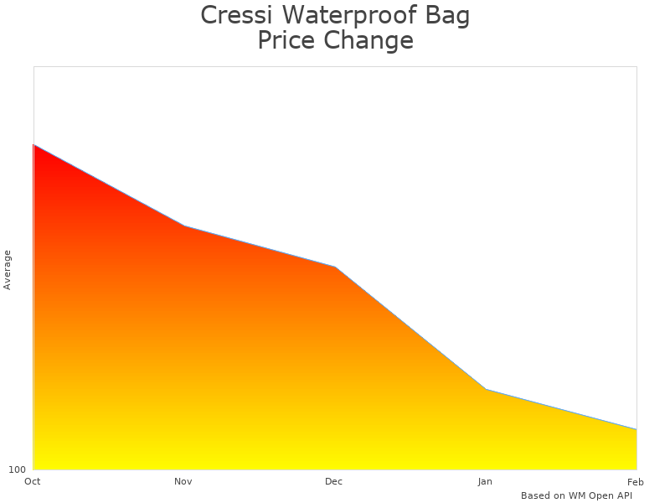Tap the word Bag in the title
click(x=447, y=16)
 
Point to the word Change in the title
click(x=370, y=41)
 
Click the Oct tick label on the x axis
click(x=33, y=481)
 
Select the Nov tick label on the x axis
click(x=183, y=481)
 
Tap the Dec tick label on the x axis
click(x=334, y=481)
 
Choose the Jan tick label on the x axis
click(x=485, y=481)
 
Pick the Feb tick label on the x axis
click(x=636, y=481)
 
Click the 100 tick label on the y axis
click(x=18, y=469)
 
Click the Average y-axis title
click(x=8, y=269)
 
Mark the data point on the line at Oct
click(x=33, y=145)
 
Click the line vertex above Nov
click(x=184, y=226)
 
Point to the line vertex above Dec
click(x=335, y=267)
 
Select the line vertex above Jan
click(x=486, y=389)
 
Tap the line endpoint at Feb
click(x=636, y=429)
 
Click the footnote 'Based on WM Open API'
click(x=576, y=495)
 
